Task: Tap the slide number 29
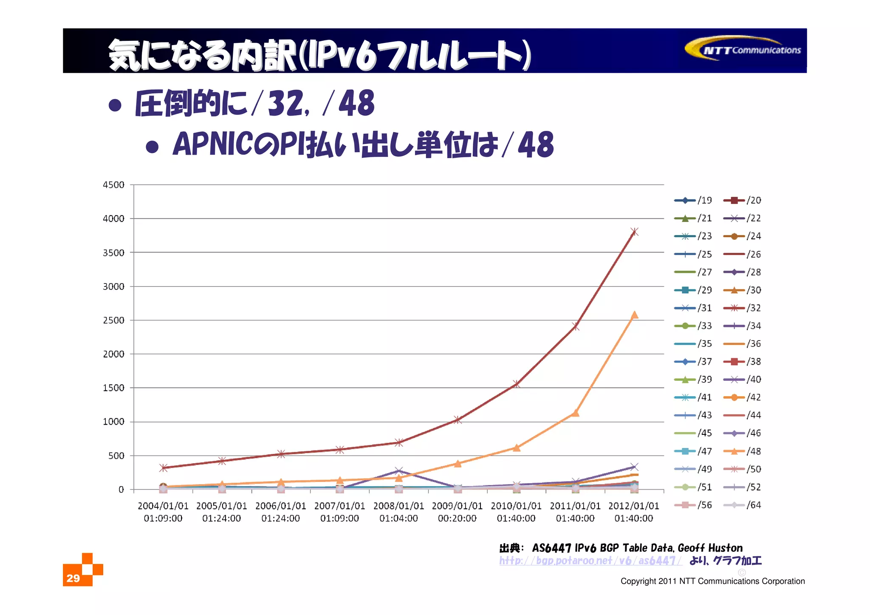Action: [x=73, y=578]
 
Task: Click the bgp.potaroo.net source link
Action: [x=590, y=561]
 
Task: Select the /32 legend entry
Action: [x=742, y=308]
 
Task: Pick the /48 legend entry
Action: [x=742, y=451]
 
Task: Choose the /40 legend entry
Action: [x=742, y=379]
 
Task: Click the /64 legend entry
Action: [x=742, y=505]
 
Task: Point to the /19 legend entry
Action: [x=693, y=200]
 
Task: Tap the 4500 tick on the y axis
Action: [x=113, y=185]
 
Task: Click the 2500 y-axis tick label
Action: [x=113, y=320]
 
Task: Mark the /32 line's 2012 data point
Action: [x=634, y=232]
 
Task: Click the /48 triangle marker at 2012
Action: [x=634, y=315]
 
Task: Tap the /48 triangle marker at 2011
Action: [x=575, y=413]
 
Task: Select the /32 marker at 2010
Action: [x=516, y=384]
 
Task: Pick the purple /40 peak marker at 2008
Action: [x=398, y=470]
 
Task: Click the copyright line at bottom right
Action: [x=712, y=581]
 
